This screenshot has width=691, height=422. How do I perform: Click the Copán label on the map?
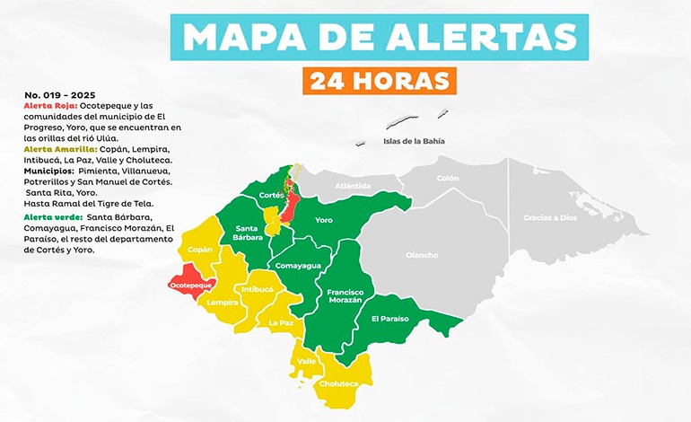pyautogui.click(x=200, y=251)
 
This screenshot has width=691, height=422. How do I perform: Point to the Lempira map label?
pyautogui.click(x=223, y=302)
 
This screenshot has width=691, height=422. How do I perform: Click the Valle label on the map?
pyautogui.click(x=307, y=362)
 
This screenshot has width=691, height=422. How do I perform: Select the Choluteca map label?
pyautogui.click(x=338, y=383)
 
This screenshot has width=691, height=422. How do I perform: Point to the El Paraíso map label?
pyautogui.click(x=389, y=319)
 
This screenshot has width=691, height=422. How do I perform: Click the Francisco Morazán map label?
pyautogui.click(x=345, y=296)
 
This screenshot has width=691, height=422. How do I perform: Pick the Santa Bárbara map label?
pyautogui.click(x=248, y=233)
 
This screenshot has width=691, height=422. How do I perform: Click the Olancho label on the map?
pyautogui.click(x=421, y=255)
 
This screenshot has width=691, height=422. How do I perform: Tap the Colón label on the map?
pyautogui.click(x=447, y=178)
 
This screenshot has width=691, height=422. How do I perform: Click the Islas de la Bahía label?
pyautogui.click(x=414, y=141)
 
